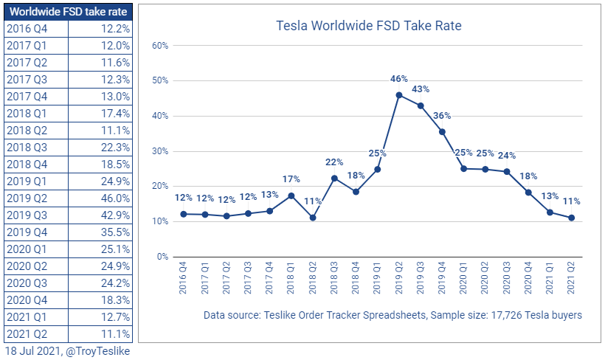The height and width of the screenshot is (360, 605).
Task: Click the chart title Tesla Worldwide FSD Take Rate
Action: click(368, 26)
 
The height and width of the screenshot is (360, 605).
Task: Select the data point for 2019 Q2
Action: click(399, 94)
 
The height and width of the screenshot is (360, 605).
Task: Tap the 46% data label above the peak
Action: click(399, 78)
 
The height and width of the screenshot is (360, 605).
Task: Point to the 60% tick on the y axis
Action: click(160, 46)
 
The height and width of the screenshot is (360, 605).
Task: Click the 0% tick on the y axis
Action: click(162, 257)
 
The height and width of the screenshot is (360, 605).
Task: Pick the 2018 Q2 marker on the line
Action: click(313, 218)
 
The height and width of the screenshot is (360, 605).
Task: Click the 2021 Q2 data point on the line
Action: click(571, 218)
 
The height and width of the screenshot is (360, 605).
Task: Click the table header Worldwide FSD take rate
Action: click(69, 12)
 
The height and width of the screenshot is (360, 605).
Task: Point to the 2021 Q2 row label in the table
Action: click(27, 333)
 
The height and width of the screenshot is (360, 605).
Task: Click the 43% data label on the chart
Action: click(421, 89)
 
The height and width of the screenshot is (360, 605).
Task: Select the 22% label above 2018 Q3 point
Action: click(334, 162)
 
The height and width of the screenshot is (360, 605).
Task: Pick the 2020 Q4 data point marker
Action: click(528, 193)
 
